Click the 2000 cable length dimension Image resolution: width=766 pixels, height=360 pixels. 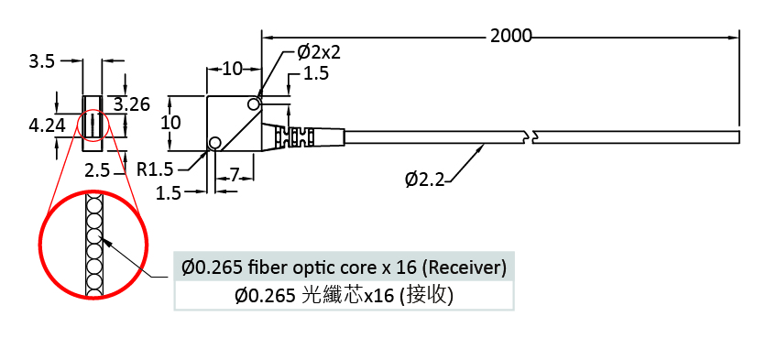tap(510, 36)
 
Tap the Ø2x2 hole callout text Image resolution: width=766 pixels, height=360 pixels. tap(319, 52)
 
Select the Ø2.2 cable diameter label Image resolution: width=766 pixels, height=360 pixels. tap(424, 180)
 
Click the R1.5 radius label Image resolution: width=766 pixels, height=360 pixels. tap(155, 169)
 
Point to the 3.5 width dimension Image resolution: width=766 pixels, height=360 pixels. tap(41, 62)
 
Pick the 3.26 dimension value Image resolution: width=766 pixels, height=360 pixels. tap(132, 104)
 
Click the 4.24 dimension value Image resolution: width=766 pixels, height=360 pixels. tap(47, 125)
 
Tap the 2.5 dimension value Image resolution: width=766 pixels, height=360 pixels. tap(97, 171)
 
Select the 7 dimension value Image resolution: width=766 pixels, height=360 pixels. tap(235, 175)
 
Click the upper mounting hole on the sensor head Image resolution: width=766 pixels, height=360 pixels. tap(254, 104)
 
